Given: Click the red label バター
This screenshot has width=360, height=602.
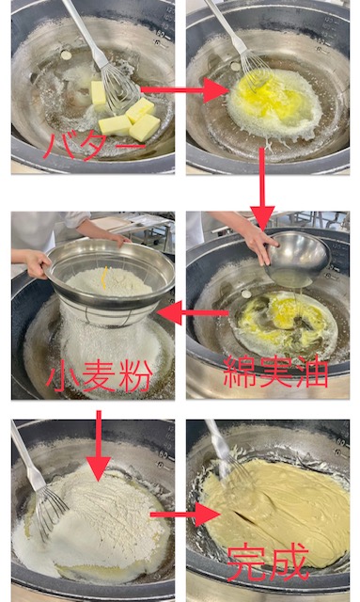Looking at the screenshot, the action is [94, 147].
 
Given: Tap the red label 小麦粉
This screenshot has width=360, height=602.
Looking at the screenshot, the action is [99, 377].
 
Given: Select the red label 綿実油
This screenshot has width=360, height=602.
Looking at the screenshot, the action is [275, 372].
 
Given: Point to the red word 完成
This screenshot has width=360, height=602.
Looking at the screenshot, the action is [268, 562].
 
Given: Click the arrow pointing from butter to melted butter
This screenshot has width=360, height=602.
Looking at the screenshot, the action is [184, 90].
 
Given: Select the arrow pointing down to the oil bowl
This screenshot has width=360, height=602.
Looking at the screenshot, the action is [262, 189].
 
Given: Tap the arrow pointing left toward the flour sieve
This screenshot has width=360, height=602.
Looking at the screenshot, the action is [193, 312].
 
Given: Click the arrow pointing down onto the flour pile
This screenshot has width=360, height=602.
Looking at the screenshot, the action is [99, 445].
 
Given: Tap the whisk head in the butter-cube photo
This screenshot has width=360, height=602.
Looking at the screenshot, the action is [119, 88].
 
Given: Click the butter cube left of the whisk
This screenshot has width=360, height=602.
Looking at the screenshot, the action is [99, 92].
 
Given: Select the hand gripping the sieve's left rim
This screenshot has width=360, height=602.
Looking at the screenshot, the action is [38, 264].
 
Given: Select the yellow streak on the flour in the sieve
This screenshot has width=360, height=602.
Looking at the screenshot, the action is [104, 277].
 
